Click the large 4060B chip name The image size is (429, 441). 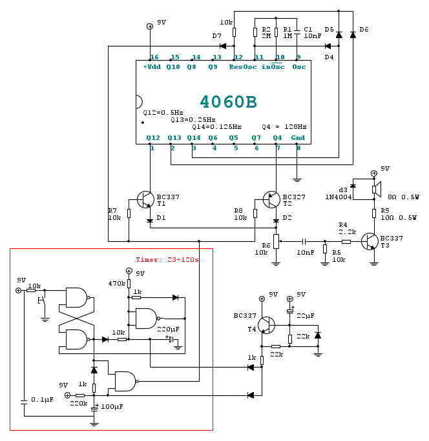(x=228, y=101)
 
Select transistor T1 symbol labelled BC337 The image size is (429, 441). (x=145, y=199)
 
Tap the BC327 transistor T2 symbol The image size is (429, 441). (x=271, y=199)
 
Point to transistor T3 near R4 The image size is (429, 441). (x=370, y=241)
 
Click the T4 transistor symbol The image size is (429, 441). (x=266, y=325)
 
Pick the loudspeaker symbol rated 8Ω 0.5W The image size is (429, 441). (x=377, y=190)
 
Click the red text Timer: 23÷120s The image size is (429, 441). (x=167, y=260)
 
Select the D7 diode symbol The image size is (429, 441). (x=223, y=46)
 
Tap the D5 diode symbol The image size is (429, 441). (x=339, y=35)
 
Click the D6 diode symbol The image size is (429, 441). (x=353, y=35)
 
